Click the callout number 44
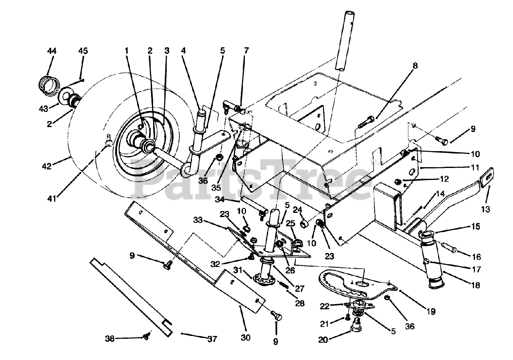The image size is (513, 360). pos(52,51)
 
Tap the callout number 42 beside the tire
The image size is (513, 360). pos(47,166)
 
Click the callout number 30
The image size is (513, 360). pos(246,338)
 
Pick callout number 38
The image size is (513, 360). pos(110,338)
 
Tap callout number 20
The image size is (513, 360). pos(323,340)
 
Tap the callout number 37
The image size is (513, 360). pos(212,339)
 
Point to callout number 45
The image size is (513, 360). pos(83,51)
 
